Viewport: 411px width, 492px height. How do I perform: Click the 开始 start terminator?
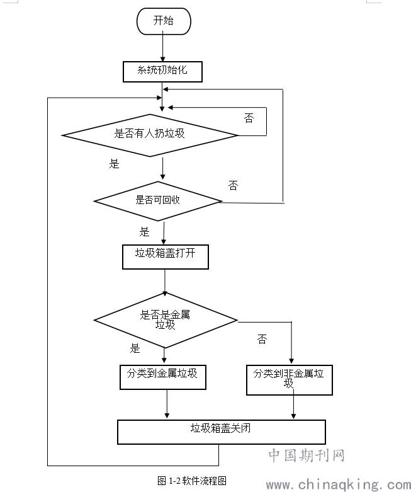point(163,21)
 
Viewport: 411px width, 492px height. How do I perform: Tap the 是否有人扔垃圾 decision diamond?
point(150,134)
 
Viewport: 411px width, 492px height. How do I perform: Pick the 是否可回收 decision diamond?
point(158,200)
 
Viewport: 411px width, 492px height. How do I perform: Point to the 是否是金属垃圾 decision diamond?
point(165,320)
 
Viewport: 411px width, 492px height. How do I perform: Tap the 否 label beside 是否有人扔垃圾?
point(249,118)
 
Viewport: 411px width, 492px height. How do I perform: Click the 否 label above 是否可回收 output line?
point(233,186)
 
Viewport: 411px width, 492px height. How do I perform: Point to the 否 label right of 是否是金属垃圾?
point(262,340)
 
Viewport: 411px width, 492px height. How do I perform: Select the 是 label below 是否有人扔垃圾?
point(114,164)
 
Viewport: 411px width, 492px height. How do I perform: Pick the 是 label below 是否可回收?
point(145,232)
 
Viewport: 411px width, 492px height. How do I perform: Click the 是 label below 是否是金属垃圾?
point(135,348)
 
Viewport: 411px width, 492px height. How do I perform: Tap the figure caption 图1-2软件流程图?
point(192,481)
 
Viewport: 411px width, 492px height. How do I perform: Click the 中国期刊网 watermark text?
point(307,455)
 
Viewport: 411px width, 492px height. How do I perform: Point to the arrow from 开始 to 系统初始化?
point(163,47)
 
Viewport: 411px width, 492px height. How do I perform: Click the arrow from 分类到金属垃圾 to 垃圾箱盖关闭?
point(167,403)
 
